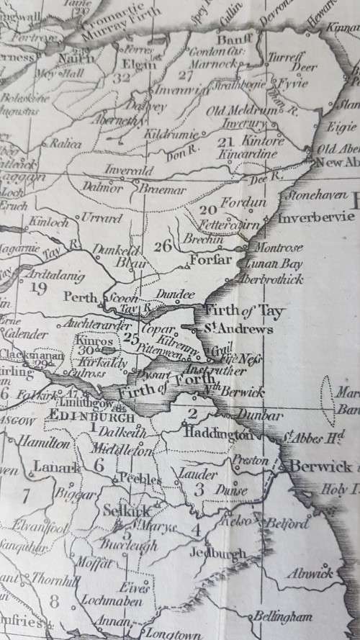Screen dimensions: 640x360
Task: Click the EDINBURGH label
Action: point(91,418)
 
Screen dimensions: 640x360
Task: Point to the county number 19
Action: point(38,289)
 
